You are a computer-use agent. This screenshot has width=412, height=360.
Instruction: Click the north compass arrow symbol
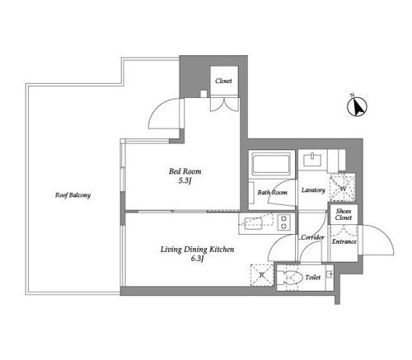coord(357,106)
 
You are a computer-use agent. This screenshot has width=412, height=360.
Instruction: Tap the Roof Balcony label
coord(73,195)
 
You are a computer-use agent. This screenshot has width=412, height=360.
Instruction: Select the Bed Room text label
coord(185,171)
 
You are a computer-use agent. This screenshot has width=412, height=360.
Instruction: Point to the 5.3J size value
coord(185,180)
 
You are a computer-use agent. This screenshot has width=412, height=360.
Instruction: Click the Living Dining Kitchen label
coord(197,250)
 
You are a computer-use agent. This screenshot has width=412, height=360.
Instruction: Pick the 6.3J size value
coord(197,259)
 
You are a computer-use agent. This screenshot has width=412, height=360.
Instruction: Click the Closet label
coord(223,81)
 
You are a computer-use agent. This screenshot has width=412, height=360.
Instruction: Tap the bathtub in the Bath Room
coord(271,164)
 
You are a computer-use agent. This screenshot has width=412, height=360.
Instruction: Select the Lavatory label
coord(313,190)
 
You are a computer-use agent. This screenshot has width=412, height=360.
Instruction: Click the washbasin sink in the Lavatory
coord(313,160)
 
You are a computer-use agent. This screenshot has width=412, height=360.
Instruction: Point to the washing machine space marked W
coord(343,188)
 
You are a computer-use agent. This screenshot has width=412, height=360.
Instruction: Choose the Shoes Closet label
coord(344,214)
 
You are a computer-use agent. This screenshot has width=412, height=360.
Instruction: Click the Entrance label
coord(344,241)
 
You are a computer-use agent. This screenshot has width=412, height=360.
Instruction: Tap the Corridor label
coord(312,237)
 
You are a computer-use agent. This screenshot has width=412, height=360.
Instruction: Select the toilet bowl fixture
coord(290,278)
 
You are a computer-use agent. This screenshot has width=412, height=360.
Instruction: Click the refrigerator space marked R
coord(262,275)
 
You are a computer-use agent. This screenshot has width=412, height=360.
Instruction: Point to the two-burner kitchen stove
coord(284,222)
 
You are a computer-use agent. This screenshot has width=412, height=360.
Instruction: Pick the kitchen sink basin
coord(254,223)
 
